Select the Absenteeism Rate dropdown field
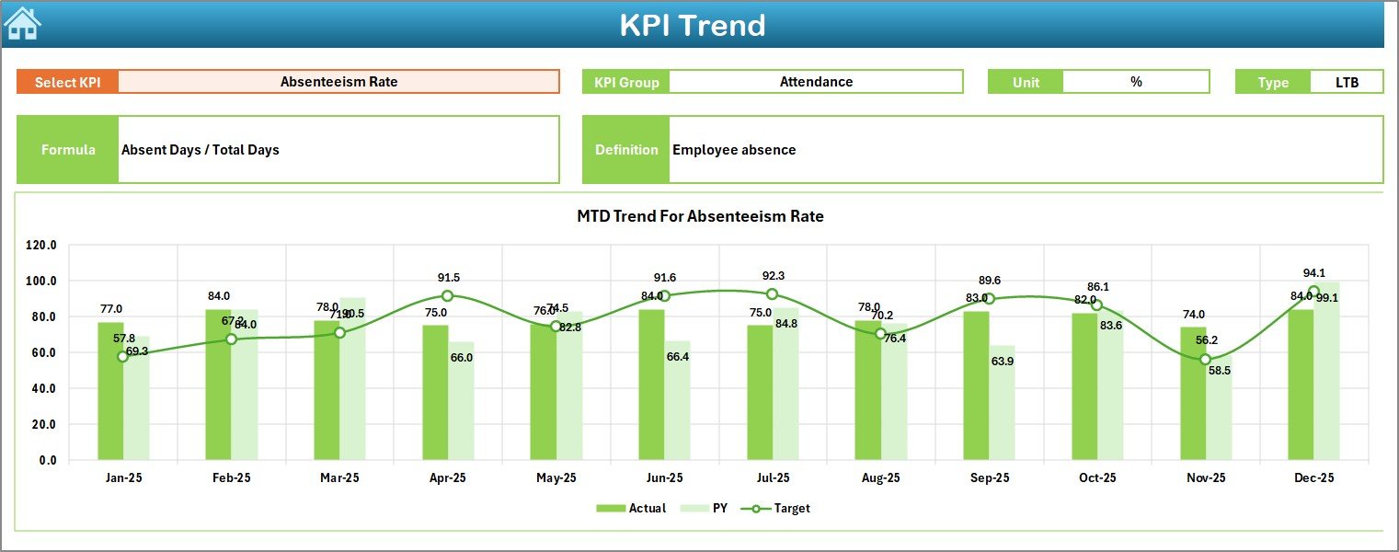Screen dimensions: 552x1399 pos(338,82)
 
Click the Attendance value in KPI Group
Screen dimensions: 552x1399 pos(816,82)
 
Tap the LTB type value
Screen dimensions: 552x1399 pos(1347,82)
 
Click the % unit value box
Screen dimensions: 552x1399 pos(1136,82)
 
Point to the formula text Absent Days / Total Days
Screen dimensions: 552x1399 pos(201,150)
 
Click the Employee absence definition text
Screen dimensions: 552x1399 pos(734,150)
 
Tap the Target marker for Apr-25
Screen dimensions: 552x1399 pos(447,295)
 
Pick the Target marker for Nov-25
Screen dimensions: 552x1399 pos(1205,360)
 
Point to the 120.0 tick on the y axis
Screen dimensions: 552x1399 pos(41,246)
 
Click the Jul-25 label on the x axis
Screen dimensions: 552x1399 pos(773,478)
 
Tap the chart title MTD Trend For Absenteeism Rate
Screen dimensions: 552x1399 pos(700,216)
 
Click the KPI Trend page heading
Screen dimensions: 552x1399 pos(693,25)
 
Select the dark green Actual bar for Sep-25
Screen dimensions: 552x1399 pos(977,385)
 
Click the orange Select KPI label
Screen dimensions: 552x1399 pos(67,82)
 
